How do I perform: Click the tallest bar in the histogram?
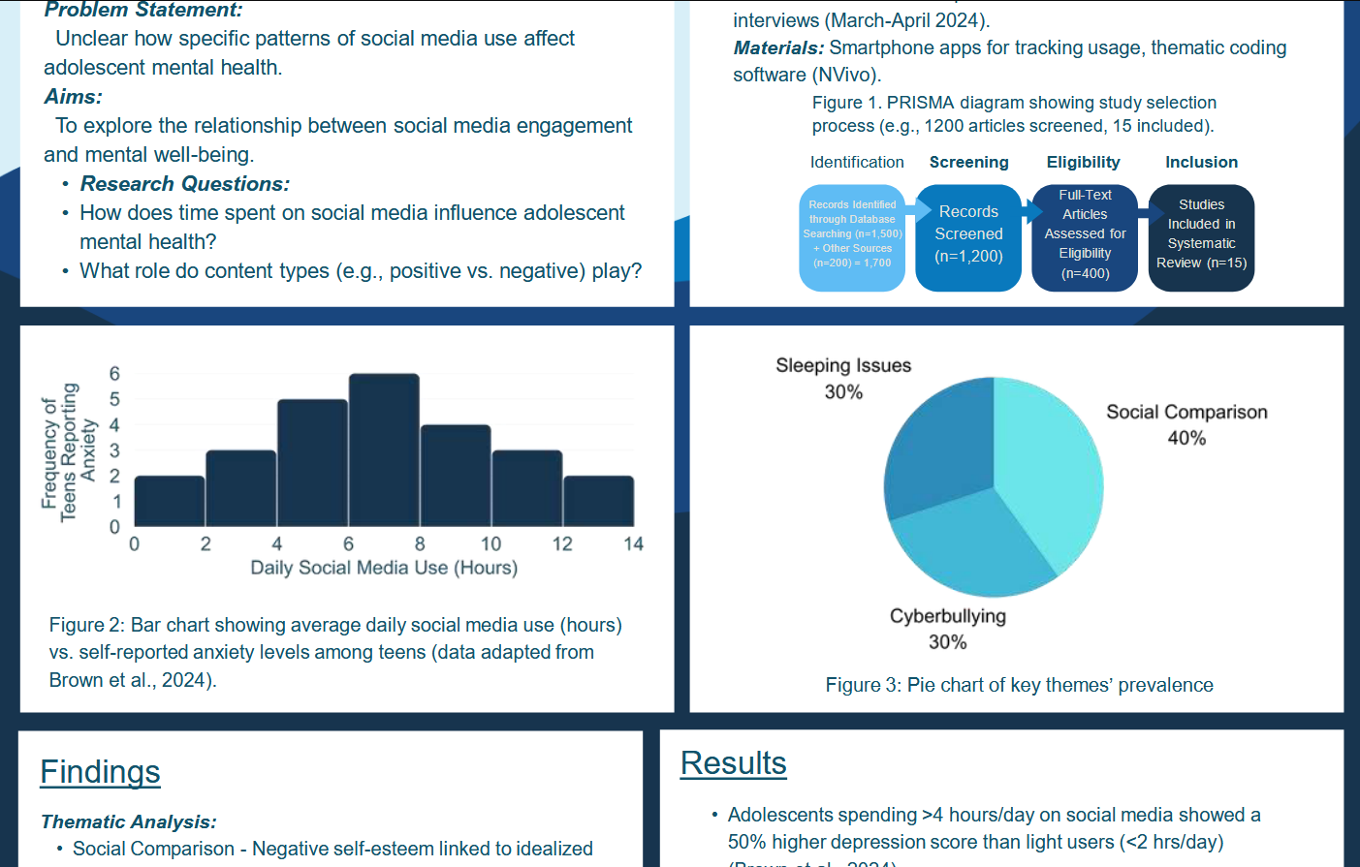click(x=384, y=449)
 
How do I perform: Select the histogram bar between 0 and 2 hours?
click(x=170, y=501)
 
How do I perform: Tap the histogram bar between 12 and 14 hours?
click(x=598, y=501)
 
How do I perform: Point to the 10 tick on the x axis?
click(x=491, y=544)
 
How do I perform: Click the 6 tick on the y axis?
click(x=114, y=374)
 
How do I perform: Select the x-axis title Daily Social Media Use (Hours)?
click(x=384, y=568)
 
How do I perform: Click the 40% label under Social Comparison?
click(x=1186, y=438)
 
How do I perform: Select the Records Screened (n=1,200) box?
click(x=968, y=234)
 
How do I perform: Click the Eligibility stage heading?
click(x=1083, y=162)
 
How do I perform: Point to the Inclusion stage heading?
click(x=1201, y=162)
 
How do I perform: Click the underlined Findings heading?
click(x=100, y=772)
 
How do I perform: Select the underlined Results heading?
click(x=733, y=763)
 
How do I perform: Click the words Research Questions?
click(x=184, y=184)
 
